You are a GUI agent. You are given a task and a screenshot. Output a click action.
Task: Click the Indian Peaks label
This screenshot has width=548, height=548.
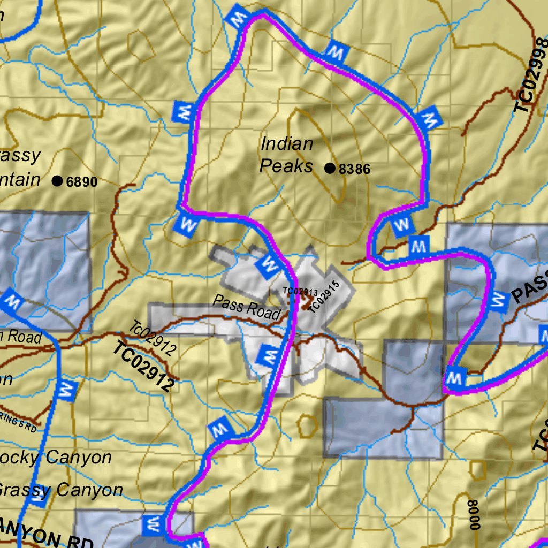286,155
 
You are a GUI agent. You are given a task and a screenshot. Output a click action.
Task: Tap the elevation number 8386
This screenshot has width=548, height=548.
354,170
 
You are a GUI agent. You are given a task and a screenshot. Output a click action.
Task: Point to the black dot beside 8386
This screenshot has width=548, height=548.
330,169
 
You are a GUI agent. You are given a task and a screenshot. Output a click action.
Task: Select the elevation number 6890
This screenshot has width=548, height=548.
82,182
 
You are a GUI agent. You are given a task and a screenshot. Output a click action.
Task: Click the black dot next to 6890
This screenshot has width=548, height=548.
57,181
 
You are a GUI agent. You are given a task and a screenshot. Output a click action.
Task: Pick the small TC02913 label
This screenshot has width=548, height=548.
300,292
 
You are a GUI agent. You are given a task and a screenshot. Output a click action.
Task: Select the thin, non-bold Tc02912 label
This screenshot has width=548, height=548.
153,338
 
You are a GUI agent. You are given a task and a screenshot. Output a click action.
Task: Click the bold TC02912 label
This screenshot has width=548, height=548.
144,367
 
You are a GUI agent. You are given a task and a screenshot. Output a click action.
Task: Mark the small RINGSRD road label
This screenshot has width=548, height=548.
18,422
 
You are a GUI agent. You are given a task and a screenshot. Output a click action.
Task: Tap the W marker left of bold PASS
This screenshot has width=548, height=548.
499,302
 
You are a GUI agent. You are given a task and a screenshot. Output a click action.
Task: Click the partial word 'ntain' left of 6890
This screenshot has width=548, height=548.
20,179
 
